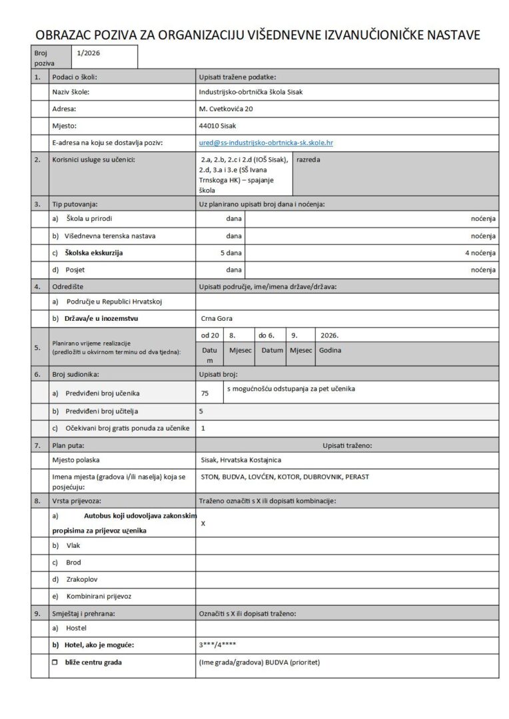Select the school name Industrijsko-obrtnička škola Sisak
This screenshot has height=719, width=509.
251,92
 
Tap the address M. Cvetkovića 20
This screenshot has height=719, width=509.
226,109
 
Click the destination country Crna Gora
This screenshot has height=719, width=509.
217,319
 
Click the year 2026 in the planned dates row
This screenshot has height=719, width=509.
330,336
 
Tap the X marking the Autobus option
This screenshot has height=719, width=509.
203,523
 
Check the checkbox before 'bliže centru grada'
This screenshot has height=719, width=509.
55,662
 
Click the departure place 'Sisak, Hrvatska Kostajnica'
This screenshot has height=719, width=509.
241,460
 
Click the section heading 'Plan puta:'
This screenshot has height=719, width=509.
68,443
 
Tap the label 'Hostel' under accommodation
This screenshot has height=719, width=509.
76,628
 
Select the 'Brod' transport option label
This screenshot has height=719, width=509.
74,563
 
